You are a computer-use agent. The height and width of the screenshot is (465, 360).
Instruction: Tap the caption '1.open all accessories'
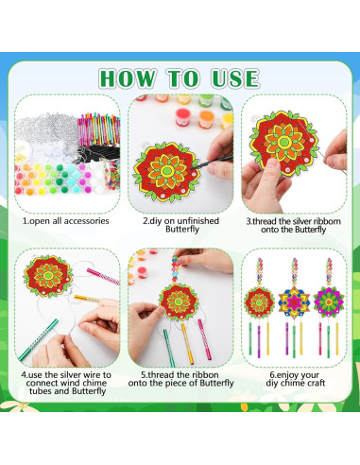point(65,220)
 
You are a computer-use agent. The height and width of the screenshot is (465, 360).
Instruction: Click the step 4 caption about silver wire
point(65,380)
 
